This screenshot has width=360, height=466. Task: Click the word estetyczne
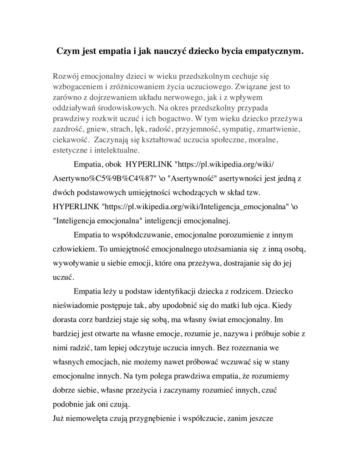click(71, 151)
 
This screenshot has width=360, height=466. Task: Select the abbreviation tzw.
click(250, 193)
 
